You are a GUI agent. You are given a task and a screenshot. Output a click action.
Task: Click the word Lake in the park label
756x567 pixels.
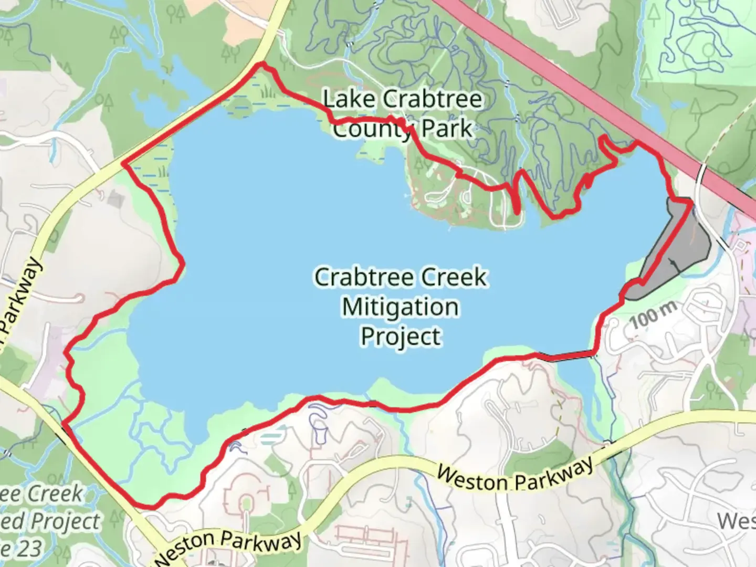click(342, 99)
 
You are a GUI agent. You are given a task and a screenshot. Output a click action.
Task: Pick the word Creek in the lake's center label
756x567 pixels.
click(456, 277)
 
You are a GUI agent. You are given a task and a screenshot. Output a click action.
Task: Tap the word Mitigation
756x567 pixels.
click(400, 307)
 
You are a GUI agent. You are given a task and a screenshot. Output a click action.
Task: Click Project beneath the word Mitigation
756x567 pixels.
click(400, 337)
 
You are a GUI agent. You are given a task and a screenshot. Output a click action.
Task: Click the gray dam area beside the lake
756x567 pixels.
click(677, 247)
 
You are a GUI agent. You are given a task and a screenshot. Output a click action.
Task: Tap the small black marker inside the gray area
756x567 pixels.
click(672, 261)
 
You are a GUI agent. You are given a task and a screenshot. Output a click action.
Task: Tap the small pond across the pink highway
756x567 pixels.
click(651, 115)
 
